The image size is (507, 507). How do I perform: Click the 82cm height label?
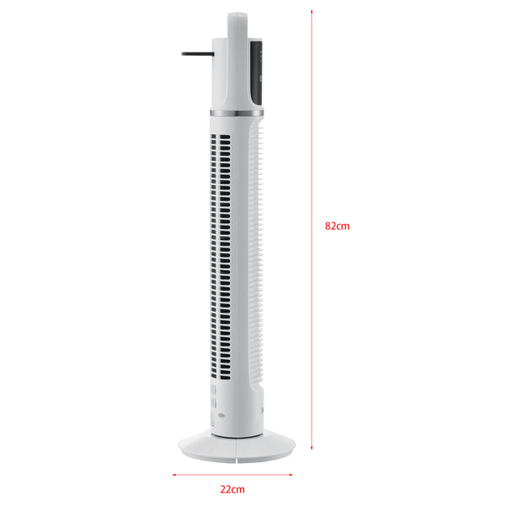pyautogui.click(x=337, y=226)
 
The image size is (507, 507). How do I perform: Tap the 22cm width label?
pyautogui.click(x=233, y=489)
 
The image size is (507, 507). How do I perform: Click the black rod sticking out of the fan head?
pyautogui.click(x=195, y=55)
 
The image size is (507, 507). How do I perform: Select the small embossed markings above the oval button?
pyautogui.click(x=211, y=396)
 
